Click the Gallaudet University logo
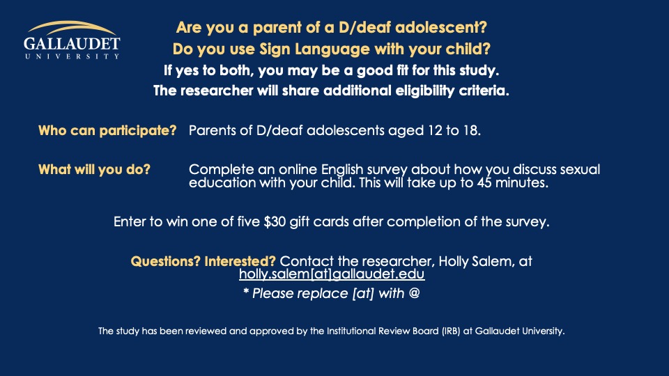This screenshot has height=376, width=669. click(72, 40)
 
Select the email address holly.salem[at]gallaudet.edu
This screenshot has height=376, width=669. click(332, 274)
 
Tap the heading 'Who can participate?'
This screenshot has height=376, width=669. click(107, 130)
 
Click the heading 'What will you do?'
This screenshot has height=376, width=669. click(94, 169)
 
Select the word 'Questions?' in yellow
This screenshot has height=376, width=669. click(166, 261)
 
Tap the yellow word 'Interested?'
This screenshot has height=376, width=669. click(240, 261)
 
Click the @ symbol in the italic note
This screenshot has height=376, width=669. click(414, 293)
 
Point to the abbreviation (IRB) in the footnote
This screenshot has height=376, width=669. click(451, 331)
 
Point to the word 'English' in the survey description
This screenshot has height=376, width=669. click(342, 170)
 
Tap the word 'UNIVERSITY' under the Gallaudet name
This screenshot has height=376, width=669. click(72, 56)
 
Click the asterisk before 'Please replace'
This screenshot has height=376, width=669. click(246, 291)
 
